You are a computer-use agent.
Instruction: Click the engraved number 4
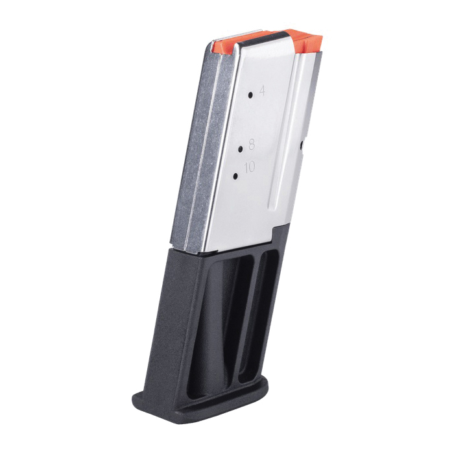[262, 91]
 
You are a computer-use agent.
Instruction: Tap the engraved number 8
[252, 144]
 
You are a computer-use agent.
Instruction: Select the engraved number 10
[250, 167]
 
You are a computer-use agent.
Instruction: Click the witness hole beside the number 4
[250, 95]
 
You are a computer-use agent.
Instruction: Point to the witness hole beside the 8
[241, 149]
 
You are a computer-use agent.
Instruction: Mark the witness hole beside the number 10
[235, 176]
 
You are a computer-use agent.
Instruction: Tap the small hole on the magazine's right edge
[302, 145]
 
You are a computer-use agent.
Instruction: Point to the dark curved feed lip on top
[263, 38]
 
